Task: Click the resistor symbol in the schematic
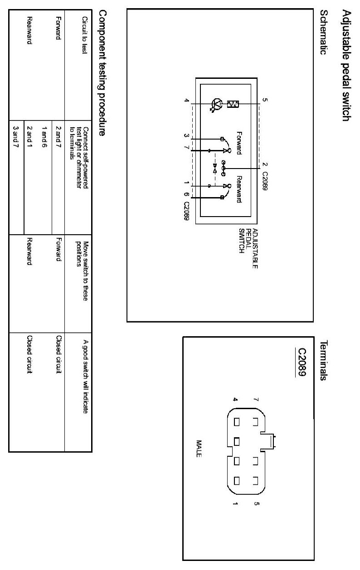pyautogui.click(x=234, y=104)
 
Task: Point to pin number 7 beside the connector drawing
pyautogui.click(x=257, y=400)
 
